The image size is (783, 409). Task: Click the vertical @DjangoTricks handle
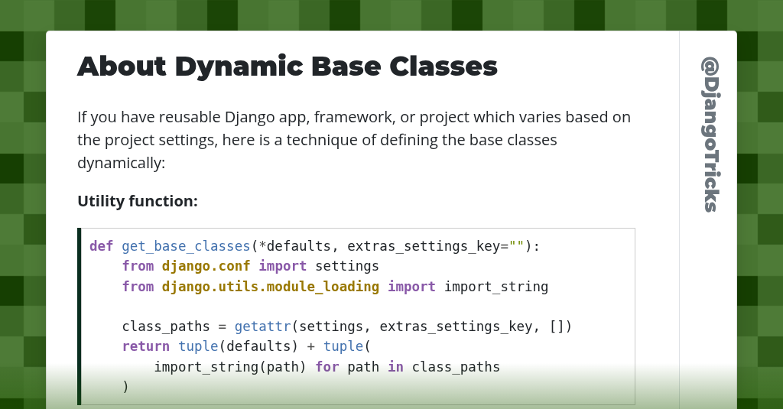click(710, 135)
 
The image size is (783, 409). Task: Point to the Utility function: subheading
click(138, 201)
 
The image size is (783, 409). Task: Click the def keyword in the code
click(101, 246)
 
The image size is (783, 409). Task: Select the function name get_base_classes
click(186, 246)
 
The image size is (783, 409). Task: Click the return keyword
click(145, 346)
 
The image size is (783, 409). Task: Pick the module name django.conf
click(206, 266)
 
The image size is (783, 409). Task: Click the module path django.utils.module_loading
click(271, 287)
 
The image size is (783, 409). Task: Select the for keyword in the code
click(327, 367)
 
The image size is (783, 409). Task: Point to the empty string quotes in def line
click(516, 246)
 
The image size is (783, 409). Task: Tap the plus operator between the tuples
click(310, 346)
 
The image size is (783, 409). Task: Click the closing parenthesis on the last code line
click(125, 387)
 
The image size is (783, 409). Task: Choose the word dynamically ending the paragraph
click(121, 163)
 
